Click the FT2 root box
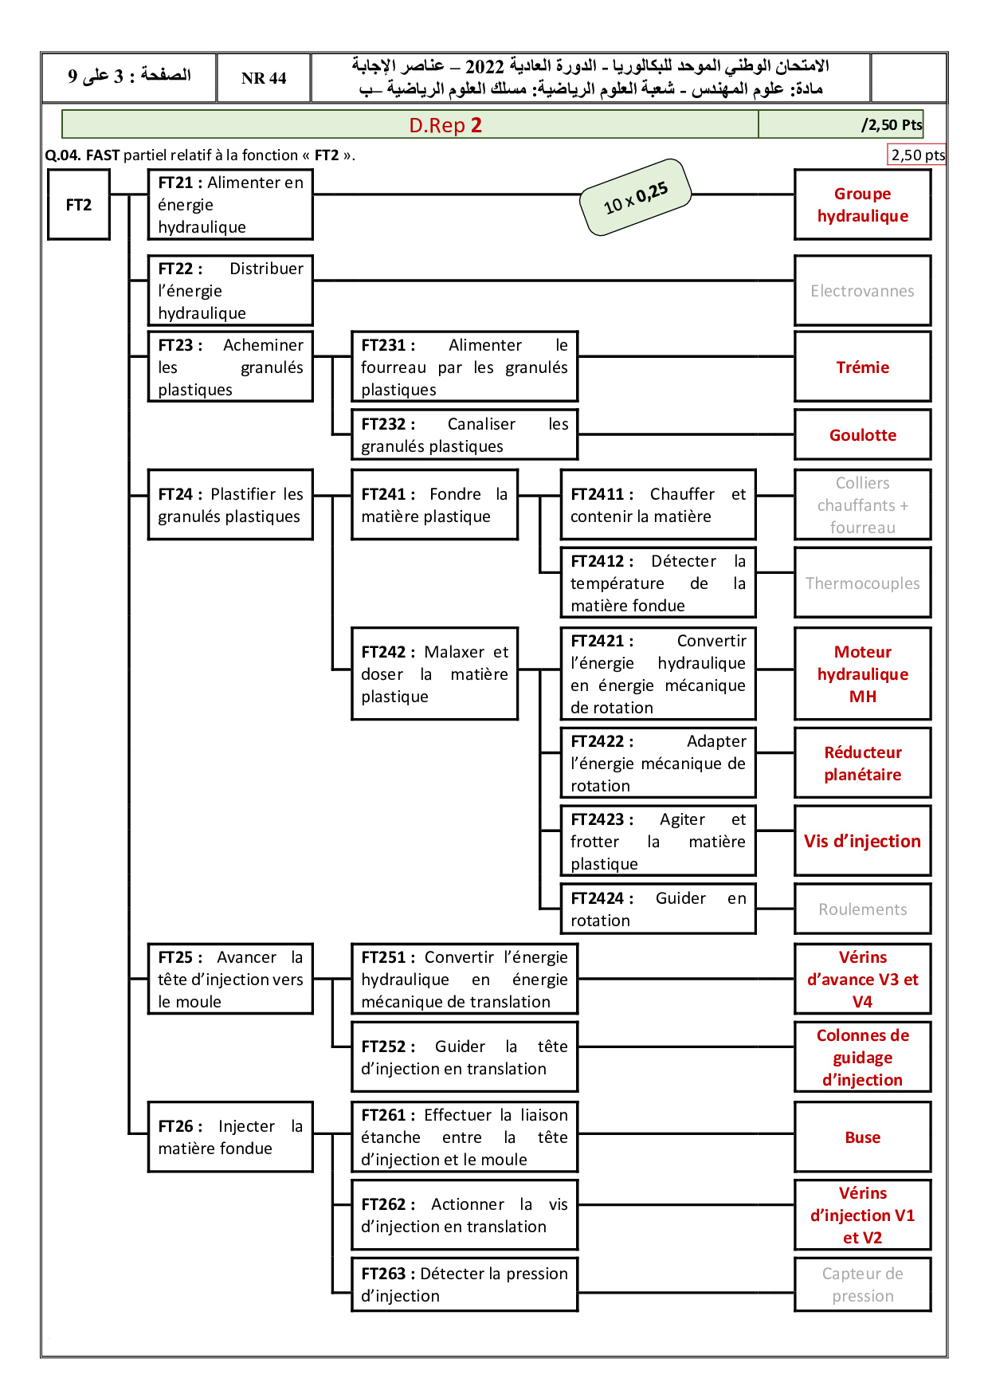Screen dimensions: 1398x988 [x=78, y=205]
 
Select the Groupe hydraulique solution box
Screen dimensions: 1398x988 [x=862, y=205]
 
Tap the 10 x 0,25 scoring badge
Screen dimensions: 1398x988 [x=636, y=198]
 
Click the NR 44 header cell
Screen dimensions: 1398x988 [x=264, y=78]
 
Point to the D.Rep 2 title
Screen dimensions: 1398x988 [x=445, y=125]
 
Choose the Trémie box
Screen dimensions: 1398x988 [x=862, y=367]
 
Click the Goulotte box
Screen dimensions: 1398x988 [x=862, y=434]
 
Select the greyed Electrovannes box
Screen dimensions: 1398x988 [x=862, y=291]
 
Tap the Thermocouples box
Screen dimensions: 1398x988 [x=862, y=583]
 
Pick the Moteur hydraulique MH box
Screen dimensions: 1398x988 [x=862, y=673]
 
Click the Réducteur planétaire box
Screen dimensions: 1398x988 [x=862, y=763]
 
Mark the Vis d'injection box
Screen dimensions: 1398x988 [x=862, y=841]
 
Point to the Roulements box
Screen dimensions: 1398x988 [x=862, y=909]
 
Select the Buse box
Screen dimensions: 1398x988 [x=862, y=1137]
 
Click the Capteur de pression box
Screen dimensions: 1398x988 [x=862, y=1284]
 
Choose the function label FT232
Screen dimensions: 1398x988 [x=388, y=424]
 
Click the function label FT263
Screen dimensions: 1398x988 [x=388, y=1274]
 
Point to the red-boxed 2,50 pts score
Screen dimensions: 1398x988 [x=917, y=155]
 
